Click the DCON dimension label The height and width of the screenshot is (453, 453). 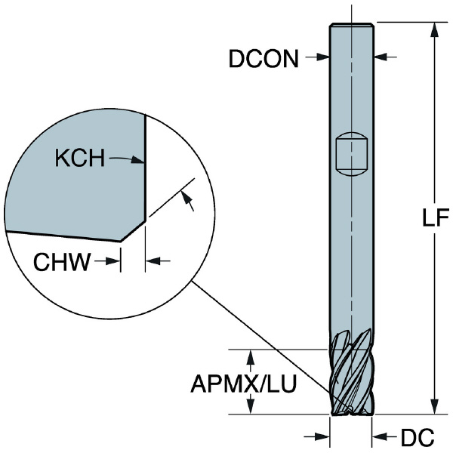point(263,59)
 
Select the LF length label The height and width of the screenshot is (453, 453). point(436,217)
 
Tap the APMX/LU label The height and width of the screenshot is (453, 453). point(244,384)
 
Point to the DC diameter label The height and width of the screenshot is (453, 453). point(418,437)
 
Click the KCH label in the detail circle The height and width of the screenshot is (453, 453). point(80,158)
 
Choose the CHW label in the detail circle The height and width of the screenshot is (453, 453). point(62,262)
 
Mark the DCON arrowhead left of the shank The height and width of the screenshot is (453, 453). point(322,57)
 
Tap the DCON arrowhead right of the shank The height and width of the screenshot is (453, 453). point(381,57)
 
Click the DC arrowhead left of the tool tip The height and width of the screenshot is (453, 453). point(323,436)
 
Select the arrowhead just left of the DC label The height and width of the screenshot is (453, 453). point(379,436)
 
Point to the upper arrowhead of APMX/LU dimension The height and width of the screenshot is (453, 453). point(251,357)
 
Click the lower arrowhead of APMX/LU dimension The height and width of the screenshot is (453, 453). point(251,407)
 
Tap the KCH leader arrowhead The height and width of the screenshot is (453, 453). point(137,160)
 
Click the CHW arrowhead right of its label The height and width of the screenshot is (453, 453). point(113,261)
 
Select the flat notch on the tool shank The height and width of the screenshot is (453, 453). point(352,154)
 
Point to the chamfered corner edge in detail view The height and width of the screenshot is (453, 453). point(133,231)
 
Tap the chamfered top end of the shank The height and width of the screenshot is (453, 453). point(352,25)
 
